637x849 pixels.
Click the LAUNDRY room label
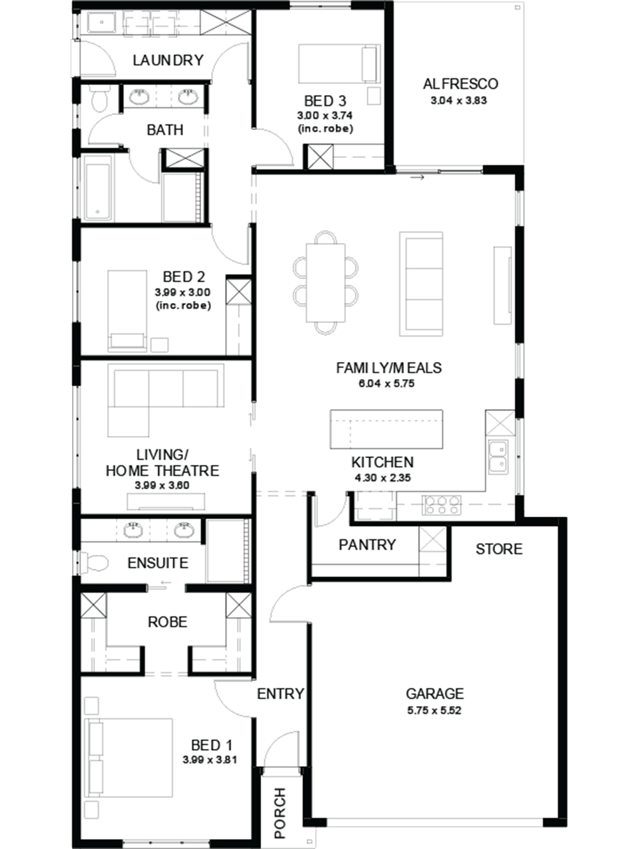click(x=168, y=60)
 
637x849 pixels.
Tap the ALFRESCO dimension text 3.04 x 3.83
click(x=459, y=101)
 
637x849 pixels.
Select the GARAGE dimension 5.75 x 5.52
click(x=434, y=711)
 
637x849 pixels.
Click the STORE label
click(x=499, y=549)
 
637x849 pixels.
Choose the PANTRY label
click(x=367, y=545)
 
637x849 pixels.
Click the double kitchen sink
click(x=498, y=457)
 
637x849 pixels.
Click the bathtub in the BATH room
click(x=98, y=188)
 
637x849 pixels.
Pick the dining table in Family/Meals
click(x=325, y=283)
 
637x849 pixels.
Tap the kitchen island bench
click(x=386, y=429)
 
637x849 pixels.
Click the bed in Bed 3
click(x=339, y=64)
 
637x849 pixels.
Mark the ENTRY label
click(x=280, y=694)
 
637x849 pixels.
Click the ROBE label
click(x=167, y=622)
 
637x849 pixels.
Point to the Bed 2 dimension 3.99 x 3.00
click(x=183, y=292)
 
